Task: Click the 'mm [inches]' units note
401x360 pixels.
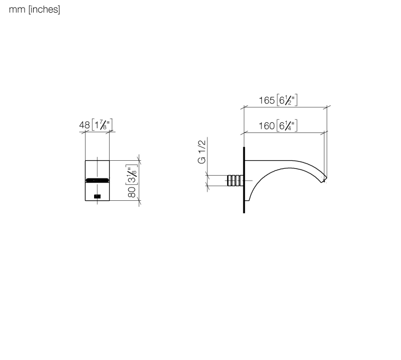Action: pyautogui.click(x=35, y=10)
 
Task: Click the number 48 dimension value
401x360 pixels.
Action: pyautogui.click(x=84, y=125)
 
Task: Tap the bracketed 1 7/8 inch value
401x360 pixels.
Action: pyautogui.click(x=102, y=124)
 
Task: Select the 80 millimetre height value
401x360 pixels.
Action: pyautogui.click(x=132, y=192)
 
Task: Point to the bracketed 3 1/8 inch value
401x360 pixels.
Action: pyautogui.click(x=132, y=175)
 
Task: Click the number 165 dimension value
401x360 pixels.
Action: pyautogui.click(x=267, y=100)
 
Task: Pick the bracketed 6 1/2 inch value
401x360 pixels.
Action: pyautogui.click(x=287, y=100)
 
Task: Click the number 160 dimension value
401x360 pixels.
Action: pyautogui.click(x=267, y=126)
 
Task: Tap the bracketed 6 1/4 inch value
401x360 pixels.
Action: pyautogui.click(x=287, y=126)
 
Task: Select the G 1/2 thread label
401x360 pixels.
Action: pyautogui.click(x=202, y=152)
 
